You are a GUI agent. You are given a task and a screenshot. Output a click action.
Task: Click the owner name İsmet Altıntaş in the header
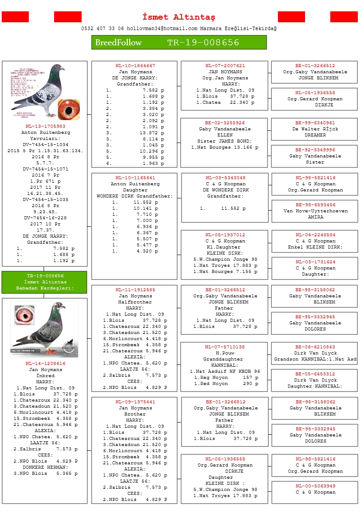tap(179, 17)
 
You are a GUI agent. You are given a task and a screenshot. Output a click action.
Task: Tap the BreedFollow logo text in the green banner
tap(118, 43)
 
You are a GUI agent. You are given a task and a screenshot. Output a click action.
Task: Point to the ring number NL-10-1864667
tap(135, 66)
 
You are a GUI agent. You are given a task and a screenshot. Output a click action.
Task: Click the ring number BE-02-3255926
tap(225, 123)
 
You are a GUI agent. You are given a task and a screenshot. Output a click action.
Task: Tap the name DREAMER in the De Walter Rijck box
tap(315, 135)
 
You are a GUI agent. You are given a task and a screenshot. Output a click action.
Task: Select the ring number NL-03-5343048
tap(225, 178)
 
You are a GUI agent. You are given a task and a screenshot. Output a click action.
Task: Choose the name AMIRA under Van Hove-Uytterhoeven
tap(315, 217)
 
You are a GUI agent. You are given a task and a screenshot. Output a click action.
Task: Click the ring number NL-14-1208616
tap(45, 364)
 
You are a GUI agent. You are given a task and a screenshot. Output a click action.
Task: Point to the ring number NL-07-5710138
tap(225, 347)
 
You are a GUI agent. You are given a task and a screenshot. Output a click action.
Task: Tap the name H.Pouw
tap(225, 353)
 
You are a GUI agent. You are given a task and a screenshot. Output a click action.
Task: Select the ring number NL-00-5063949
tap(315, 486)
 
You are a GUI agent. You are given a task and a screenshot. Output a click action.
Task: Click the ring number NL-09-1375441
tap(135, 402)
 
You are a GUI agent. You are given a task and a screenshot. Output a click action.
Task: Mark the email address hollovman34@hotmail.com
tap(162, 29)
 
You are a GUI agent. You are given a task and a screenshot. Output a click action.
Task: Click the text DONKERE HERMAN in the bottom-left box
tap(45, 467)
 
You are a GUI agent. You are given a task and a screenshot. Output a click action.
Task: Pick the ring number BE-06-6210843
tap(315, 347)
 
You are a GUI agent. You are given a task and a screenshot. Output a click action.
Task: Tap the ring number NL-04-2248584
tap(315, 235)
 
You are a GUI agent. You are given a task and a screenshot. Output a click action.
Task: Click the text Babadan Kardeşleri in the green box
tap(45, 288)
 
